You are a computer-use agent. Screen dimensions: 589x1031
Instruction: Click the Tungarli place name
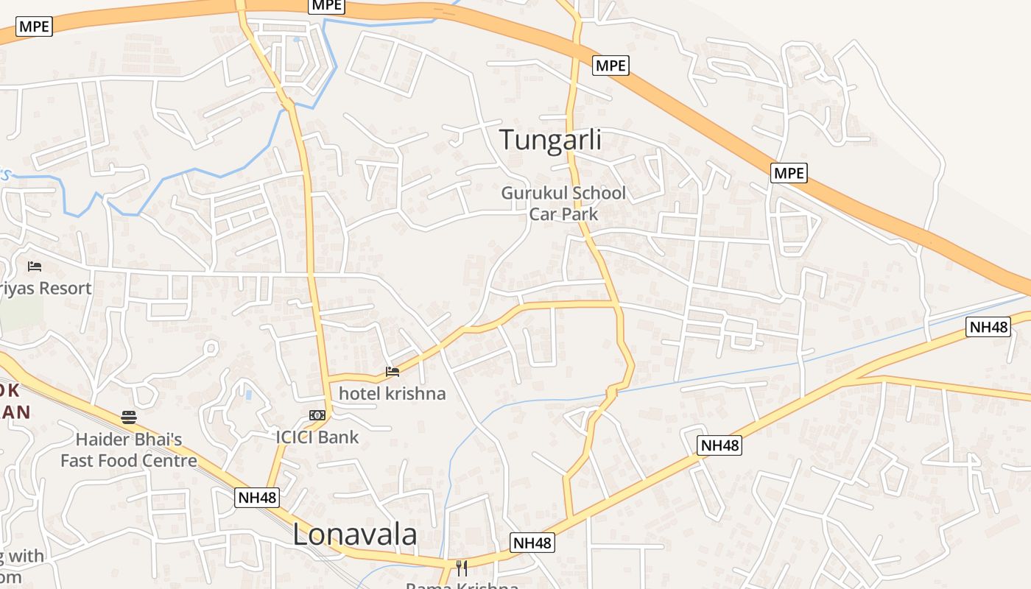550,140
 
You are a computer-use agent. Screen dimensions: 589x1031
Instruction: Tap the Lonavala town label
355,535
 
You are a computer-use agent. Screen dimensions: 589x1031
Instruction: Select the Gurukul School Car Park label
563,203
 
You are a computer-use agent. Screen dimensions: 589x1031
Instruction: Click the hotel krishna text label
392,393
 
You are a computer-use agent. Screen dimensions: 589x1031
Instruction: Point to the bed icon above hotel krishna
393,372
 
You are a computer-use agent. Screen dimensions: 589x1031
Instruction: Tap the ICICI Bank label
317,437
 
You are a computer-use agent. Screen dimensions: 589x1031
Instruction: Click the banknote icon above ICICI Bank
317,415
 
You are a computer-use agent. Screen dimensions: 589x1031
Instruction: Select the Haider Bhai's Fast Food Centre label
129,451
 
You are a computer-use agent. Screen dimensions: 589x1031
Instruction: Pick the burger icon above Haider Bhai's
129,417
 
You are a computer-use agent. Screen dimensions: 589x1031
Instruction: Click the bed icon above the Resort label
35,266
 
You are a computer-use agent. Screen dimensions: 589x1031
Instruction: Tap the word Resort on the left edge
64,288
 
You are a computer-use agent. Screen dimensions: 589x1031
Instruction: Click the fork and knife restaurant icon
462,568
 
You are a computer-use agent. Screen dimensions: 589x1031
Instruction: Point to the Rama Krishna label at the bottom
462,585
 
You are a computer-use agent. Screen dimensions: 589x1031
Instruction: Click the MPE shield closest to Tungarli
610,66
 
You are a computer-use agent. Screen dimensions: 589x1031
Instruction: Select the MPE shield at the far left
34,27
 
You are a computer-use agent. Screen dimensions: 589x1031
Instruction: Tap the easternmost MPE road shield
789,173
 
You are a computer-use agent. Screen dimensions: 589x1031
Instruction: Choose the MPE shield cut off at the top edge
326,5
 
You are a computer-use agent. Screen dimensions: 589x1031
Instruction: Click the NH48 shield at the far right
988,327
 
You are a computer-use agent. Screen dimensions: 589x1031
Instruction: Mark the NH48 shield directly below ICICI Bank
258,498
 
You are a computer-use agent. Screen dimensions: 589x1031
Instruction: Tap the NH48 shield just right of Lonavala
532,543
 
